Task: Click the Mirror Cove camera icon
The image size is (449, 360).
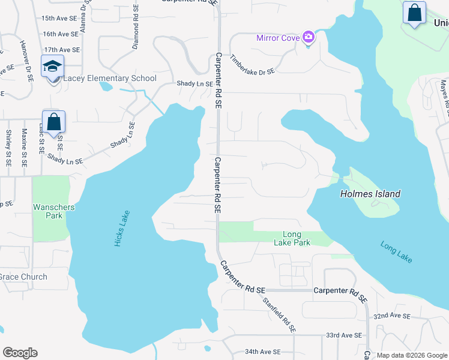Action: click(x=309, y=38)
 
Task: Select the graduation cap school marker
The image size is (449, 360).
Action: click(x=53, y=66)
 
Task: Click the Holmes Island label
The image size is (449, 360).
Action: click(x=370, y=194)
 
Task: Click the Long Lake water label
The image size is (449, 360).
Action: click(x=396, y=251)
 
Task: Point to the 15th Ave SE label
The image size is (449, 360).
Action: click(x=60, y=19)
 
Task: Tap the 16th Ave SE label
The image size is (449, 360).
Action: click(x=61, y=34)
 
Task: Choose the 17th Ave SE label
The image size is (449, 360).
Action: click(x=61, y=50)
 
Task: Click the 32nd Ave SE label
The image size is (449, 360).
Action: click(x=391, y=316)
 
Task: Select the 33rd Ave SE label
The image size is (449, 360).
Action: click(x=344, y=335)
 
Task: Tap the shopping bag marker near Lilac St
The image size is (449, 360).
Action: click(x=53, y=122)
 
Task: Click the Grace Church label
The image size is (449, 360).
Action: click(x=23, y=277)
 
